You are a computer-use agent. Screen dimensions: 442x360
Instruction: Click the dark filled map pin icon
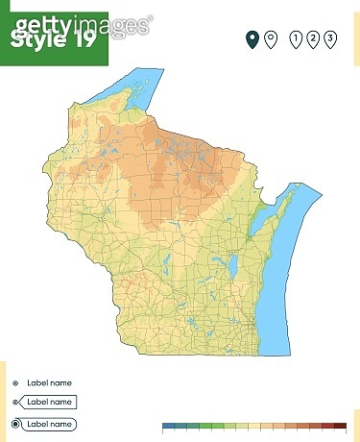click(252, 38)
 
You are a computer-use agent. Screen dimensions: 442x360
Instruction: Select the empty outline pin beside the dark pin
click(271, 38)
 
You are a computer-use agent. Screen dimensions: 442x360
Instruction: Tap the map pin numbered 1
click(296, 38)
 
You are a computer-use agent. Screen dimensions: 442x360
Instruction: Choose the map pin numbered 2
click(313, 38)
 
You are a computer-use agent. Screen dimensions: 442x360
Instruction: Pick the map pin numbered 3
click(330, 38)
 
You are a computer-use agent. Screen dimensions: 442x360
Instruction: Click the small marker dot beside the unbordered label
click(15, 381)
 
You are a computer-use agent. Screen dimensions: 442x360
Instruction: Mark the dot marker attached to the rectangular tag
click(15, 402)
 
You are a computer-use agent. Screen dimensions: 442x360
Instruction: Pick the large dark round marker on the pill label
click(15, 424)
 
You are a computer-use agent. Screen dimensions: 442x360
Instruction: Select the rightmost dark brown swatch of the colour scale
click(340, 425)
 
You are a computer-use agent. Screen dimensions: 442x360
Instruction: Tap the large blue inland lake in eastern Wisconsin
click(230, 265)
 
